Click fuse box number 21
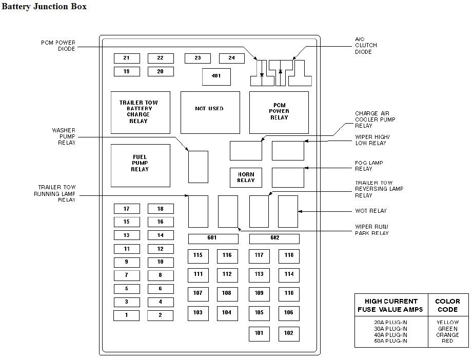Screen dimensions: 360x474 coord(127,58)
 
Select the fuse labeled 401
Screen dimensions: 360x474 coord(216,76)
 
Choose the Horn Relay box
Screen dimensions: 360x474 coord(246,177)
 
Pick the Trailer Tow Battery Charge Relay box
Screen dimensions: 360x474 coord(140,112)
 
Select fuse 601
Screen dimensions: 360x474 coord(213,238)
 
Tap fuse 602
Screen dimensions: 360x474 coord(274,238)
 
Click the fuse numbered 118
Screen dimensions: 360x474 coord(289,256)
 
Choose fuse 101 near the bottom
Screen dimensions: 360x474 coord(259,334)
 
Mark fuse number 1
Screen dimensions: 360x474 coord(126,315)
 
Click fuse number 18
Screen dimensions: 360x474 coord(161,209)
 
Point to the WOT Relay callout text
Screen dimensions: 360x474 coord(371,211)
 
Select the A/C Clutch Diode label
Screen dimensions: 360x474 coord(366,45)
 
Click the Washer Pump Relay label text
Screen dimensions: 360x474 coord(64,136)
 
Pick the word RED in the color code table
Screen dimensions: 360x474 coord(447,341)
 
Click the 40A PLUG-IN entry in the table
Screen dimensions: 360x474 coord(391,335)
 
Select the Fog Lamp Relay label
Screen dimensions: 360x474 coord(369,166)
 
